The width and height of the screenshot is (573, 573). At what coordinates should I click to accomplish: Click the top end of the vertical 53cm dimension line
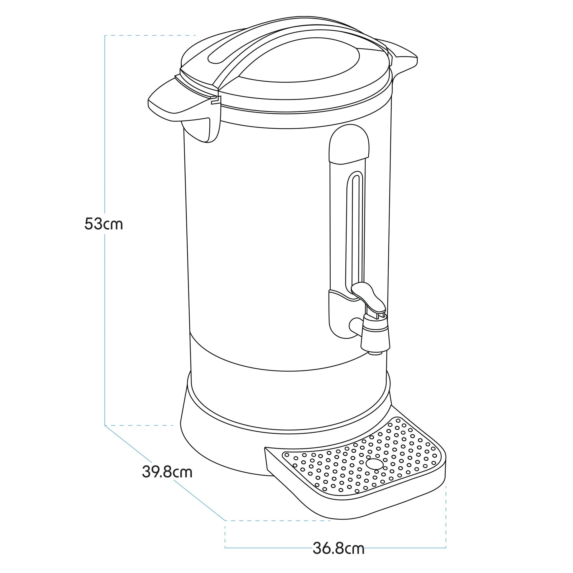[x=105, y=36]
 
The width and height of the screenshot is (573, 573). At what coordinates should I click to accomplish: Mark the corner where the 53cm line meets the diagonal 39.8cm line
[x=105, y=425]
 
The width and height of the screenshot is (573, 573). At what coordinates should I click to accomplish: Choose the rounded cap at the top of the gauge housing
[x=350, y=144]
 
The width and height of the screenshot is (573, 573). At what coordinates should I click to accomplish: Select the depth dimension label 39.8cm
[x=167, y=472]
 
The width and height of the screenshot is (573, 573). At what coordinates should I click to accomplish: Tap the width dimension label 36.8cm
[x=339, y=549]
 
